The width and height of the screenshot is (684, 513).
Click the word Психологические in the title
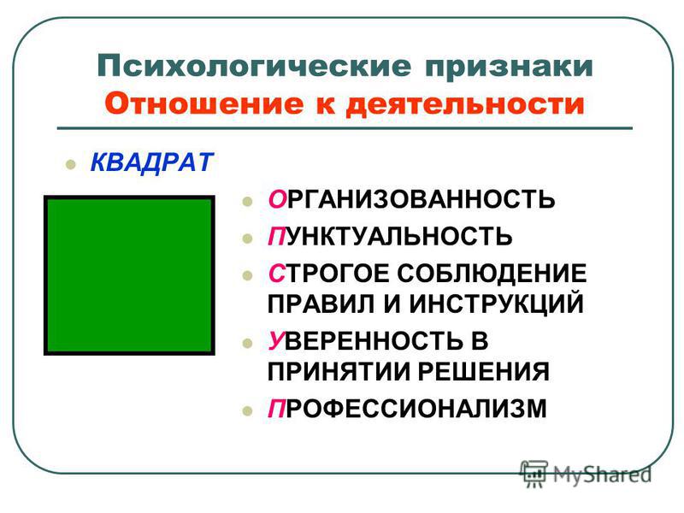click(254, 66)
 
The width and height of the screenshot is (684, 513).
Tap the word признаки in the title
click(509, 68)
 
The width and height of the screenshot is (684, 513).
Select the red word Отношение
click(203, 103)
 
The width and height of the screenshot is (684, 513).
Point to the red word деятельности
click(465, 105)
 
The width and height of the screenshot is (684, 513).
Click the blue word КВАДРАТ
click(151, 162)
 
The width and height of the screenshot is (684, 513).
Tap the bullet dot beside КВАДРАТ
click(70, 164)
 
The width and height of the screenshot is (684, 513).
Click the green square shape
click(129, 274)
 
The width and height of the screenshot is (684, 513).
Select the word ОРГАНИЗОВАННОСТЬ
click(411, 199)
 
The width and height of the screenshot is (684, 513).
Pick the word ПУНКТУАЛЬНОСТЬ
click(390, 237)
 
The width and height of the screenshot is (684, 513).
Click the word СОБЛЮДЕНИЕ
click(492, 274)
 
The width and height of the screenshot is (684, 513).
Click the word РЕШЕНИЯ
click(483, 372)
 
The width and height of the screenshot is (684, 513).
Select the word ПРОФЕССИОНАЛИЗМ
click(407, 410)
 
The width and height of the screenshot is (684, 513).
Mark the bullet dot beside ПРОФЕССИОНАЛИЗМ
click(247, 411)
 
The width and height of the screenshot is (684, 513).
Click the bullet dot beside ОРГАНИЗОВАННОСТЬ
click(247, 201)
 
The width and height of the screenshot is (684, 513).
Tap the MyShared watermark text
click(602, 475)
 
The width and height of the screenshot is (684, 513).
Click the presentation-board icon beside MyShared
click(534, 474)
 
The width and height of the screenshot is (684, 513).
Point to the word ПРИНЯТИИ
click(339, 372)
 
